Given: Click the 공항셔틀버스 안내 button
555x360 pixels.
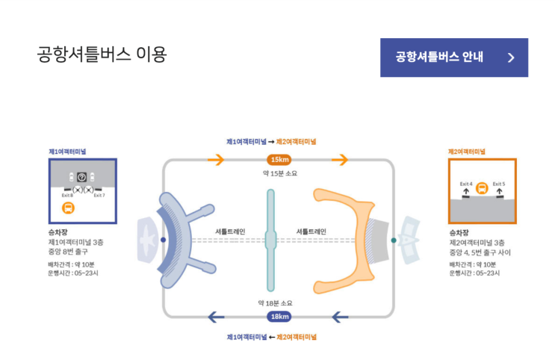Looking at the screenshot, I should coord(453,58).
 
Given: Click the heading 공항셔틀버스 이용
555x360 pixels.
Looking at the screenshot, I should coord(102,55).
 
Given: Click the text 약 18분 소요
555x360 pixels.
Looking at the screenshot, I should coord(275,303).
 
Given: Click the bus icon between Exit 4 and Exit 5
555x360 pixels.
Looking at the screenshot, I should coord(482,189).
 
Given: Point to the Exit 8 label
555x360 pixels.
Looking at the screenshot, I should coord(66,196).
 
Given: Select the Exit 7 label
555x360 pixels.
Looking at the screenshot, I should coord(99,196).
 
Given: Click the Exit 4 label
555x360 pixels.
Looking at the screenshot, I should coord(465,183).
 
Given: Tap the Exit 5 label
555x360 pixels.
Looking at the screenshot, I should coord(498,183).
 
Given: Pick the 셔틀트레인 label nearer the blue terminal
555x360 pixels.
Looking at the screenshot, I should coord(230,232).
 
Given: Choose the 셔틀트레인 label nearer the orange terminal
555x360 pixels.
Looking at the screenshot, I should coord(311,232).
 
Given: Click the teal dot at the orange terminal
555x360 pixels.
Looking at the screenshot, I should coord(394,240).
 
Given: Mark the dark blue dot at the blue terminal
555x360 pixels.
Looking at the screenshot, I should coord(164,240).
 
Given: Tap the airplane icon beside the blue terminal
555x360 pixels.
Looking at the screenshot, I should coord(146,240).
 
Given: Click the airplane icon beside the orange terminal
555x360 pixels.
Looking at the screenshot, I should coord(413,240).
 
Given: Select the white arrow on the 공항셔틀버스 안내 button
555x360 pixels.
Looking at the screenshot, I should coord(511,58).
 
